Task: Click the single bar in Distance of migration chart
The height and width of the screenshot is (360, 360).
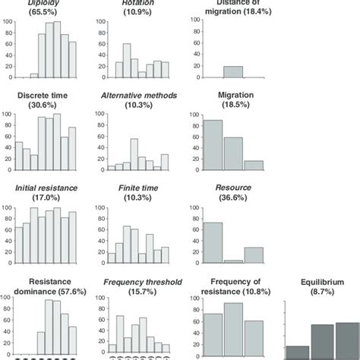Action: click(232, 72)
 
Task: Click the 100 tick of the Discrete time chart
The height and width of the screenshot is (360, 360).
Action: click(9, 115)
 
